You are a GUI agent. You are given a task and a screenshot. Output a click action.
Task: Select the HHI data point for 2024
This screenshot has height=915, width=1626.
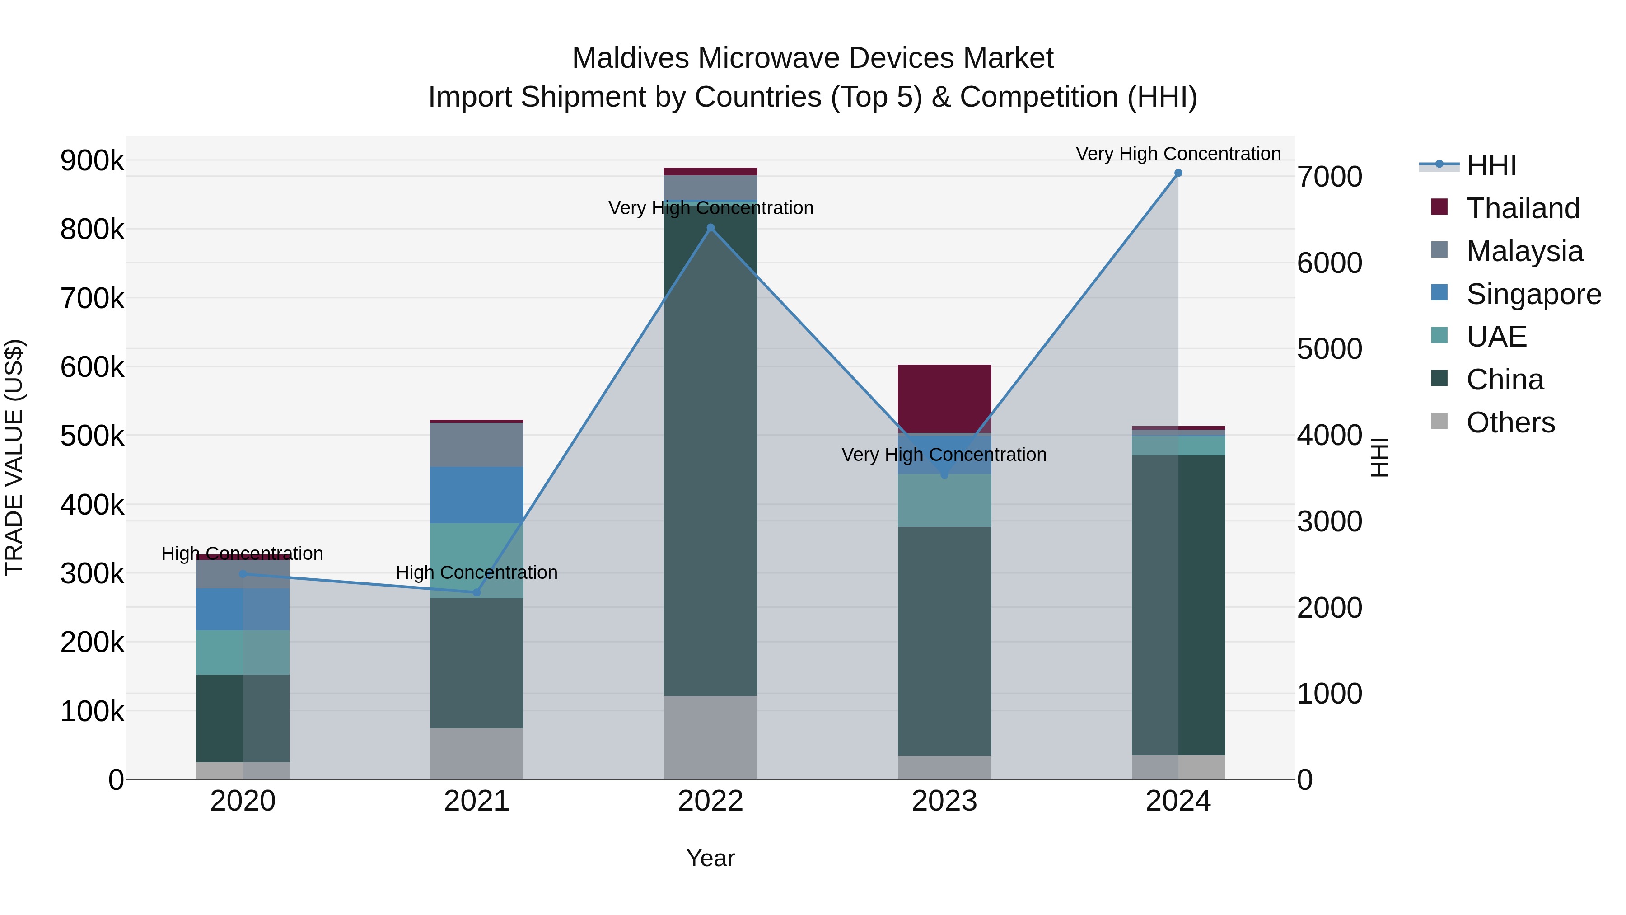(x=1178, y=173)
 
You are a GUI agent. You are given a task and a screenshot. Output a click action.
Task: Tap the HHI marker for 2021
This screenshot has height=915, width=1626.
(x=477, y=592)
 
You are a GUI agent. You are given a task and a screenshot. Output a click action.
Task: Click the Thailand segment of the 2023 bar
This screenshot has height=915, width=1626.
(x=944, y=399)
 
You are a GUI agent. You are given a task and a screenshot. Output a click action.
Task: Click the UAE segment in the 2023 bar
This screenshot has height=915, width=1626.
(x=944, y=500)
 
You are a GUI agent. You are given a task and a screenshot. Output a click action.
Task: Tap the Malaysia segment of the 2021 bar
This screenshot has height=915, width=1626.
(x=477, y=445)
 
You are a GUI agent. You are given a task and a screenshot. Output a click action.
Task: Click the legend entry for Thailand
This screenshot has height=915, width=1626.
(x=1523, y=208)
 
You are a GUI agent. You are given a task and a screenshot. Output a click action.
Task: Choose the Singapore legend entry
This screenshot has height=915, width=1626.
(x=1533, y=294)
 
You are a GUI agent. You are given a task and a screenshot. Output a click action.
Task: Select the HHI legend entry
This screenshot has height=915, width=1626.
(x=1491, y=165)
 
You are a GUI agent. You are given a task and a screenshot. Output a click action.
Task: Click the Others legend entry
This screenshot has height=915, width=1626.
(x=1510, y=422)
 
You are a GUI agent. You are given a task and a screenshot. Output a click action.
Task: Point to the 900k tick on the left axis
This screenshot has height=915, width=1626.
(x=92, y=160)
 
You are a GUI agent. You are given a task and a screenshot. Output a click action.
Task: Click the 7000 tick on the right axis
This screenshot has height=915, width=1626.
(x=1329, y=177)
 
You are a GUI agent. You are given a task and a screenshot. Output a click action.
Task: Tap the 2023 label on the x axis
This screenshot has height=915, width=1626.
(x=944, y=801)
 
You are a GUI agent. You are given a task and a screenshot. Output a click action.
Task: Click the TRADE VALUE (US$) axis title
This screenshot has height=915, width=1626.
(x=14, y=457)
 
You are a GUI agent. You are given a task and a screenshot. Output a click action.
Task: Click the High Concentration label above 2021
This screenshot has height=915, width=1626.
(x=477, y=573)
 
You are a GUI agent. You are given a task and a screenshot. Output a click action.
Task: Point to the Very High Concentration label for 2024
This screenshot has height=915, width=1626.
(x=1178, y=154)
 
